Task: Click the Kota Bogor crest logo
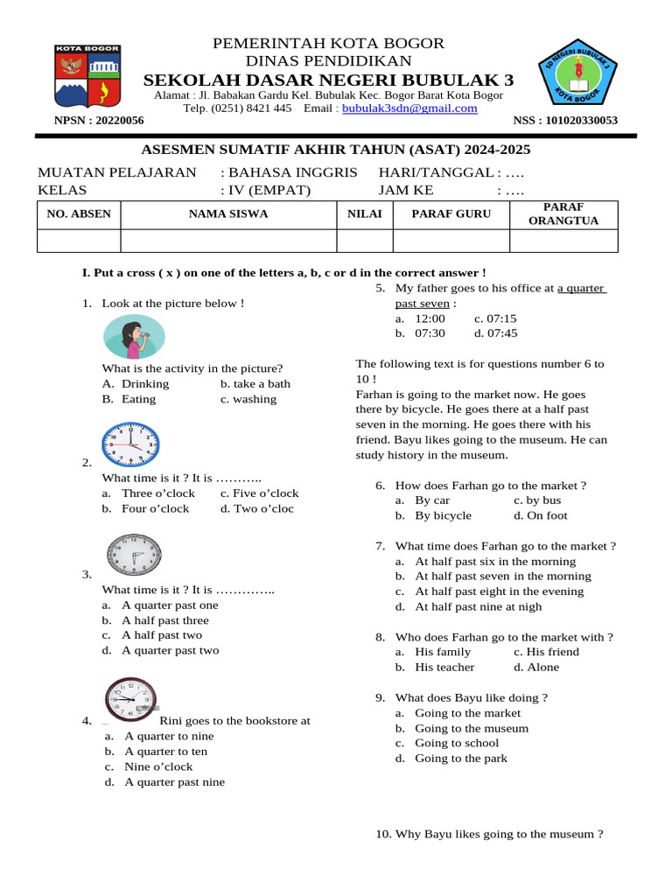[88, 77]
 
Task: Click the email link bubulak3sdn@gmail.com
[409, 108]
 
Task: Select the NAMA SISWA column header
[228, 213]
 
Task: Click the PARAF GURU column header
[451, 213]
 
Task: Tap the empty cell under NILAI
[365, 241]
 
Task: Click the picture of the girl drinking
[133, 337]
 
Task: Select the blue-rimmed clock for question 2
[130, 444]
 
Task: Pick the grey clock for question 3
[134, 555]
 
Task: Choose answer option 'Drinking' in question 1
[144, 383]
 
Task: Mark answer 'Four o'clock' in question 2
[154, 508]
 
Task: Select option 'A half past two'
[161, 635]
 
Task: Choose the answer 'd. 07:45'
[495, 333]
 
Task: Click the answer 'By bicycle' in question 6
[443, 515]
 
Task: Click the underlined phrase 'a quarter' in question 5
[582, 288]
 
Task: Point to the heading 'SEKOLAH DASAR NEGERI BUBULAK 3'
[329, 80]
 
